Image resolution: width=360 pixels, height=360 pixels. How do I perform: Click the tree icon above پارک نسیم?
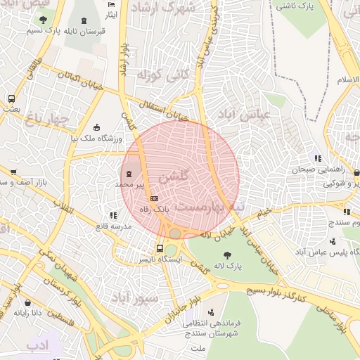tap(44, 20)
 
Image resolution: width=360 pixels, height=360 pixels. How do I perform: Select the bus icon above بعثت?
tap(11, 98)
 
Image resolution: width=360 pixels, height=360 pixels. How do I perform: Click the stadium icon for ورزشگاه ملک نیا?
tap(97, 127)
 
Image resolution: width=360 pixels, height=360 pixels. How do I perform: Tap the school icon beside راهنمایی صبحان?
tap(318, 158)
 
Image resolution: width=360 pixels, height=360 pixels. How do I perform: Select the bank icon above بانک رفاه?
tap(154, 198)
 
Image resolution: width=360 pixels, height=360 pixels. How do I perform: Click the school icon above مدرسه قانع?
tap(113, 215)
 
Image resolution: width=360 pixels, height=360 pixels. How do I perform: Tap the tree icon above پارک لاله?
tap(227, 255)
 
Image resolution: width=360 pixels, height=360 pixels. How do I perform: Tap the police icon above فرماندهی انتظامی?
tap(210, 311)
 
